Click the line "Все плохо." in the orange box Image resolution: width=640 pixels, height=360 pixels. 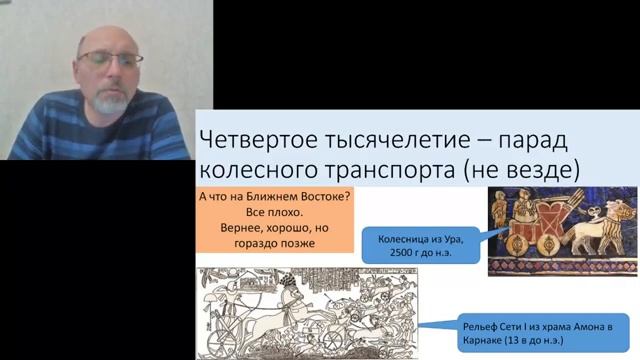(272, 213)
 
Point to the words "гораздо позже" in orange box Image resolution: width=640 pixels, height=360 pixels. (272, 243)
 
